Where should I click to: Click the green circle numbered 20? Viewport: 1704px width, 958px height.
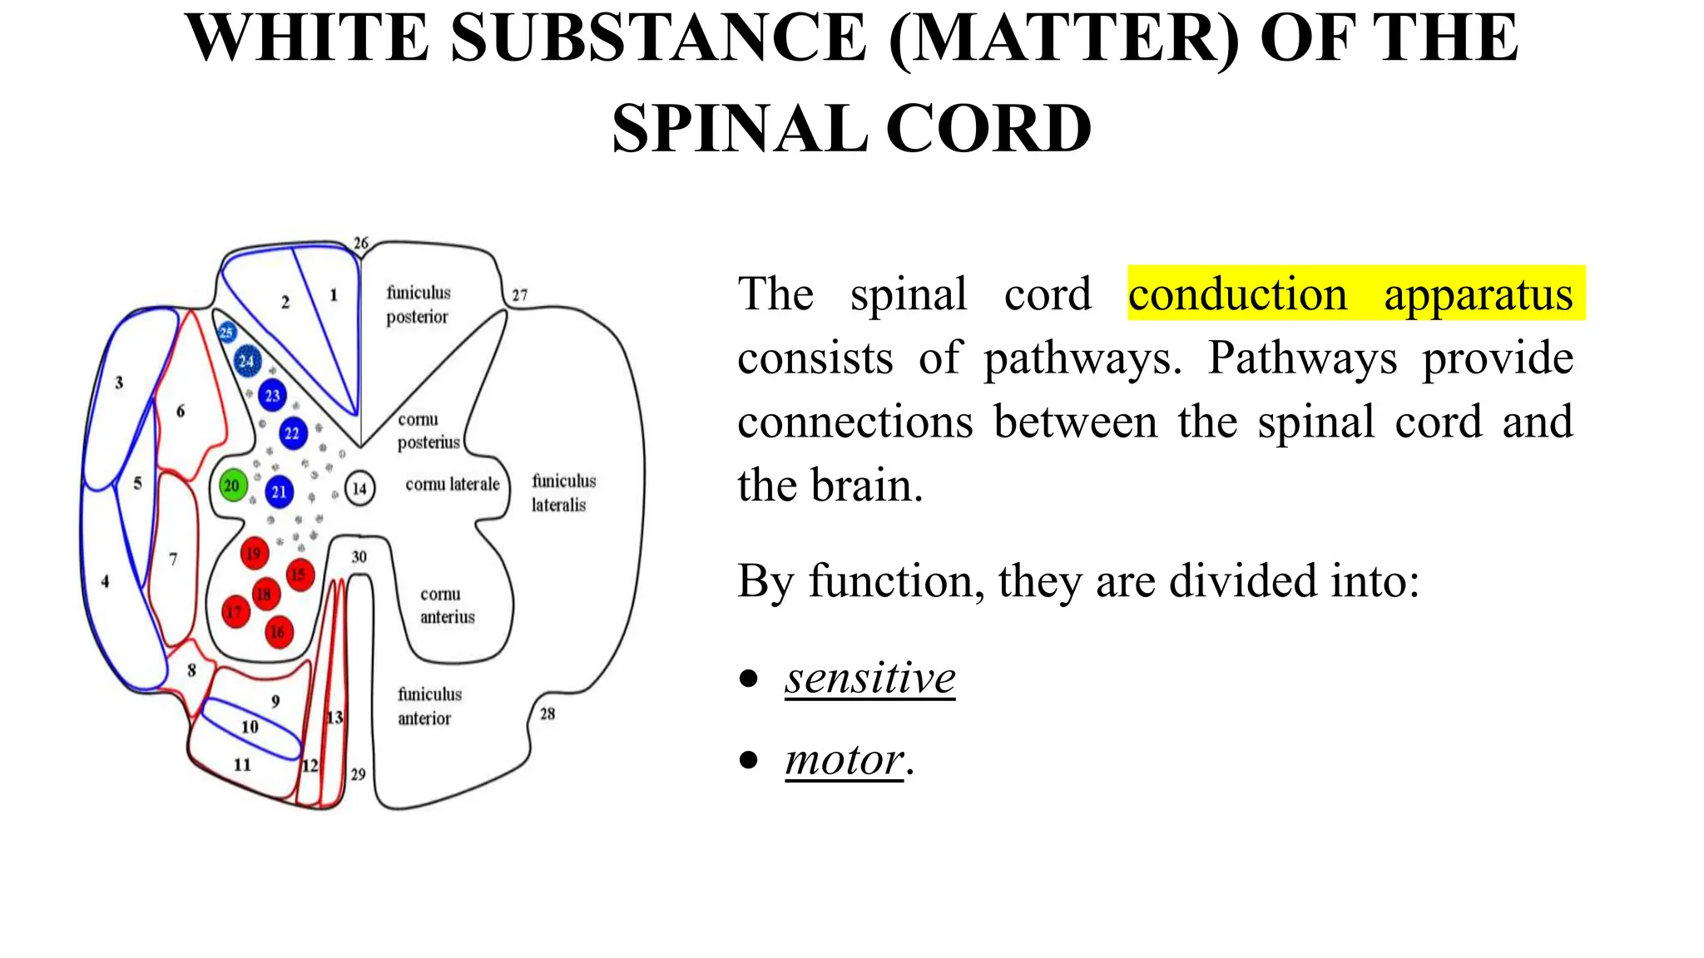(x=232, y=486)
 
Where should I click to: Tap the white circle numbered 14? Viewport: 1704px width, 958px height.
(x=359, y=488)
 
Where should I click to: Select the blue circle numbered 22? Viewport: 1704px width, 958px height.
(x=292, y=433)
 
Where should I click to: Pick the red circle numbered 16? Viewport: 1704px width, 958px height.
(x=278, y=632)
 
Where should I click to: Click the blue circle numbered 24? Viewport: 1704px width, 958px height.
(x=246, y=362)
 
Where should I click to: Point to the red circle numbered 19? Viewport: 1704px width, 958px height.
(x=254, y=553)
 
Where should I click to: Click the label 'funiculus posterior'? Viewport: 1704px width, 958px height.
(x=418, y=304)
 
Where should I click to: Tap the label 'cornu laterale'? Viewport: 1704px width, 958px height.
(x=452, y=484)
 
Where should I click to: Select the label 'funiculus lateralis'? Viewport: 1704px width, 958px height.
(x=563, y=492)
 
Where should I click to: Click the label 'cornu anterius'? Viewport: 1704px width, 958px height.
(x=447, y=605)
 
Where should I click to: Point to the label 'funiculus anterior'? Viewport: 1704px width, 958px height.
(x=428, y=706)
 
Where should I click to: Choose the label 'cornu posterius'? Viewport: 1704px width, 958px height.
(x=428, y=431)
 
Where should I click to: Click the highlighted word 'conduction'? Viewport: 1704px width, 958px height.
(x=1237, y=294)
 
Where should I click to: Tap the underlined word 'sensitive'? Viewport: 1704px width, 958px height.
(x=869, y=677)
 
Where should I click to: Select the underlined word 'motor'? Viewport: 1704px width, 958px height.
(x=844, y=759)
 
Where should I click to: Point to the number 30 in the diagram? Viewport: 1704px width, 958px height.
(x=359, y=557)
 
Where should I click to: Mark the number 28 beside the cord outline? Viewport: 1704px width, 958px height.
(x=547, y=714)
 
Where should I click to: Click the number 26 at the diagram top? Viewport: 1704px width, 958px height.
(x=360, y=243)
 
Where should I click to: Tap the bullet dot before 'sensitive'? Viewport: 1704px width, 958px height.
(x=749, y=678)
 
